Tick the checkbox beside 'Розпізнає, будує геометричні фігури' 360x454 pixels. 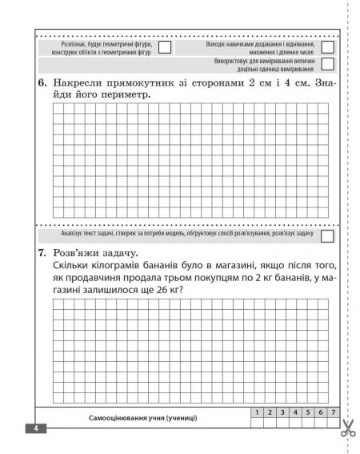[164, 47]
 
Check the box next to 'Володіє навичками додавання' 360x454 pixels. [326, 47]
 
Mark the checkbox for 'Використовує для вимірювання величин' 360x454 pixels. [326, 64]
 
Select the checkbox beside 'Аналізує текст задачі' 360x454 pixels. [326, 237]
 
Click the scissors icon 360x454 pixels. [347, 428]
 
